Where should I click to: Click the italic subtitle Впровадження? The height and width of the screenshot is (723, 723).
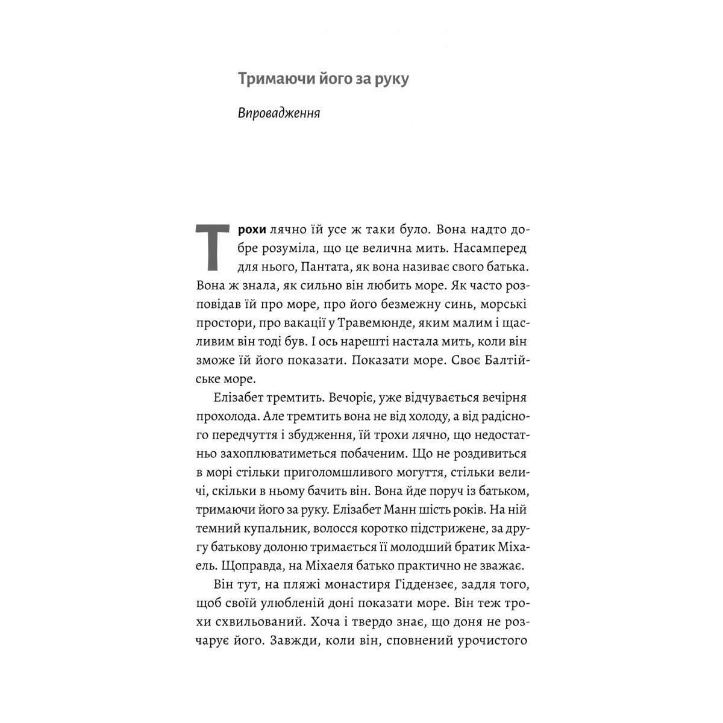(x=278, y=113)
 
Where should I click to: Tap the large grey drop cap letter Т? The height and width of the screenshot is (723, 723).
(x=211, y=246)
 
